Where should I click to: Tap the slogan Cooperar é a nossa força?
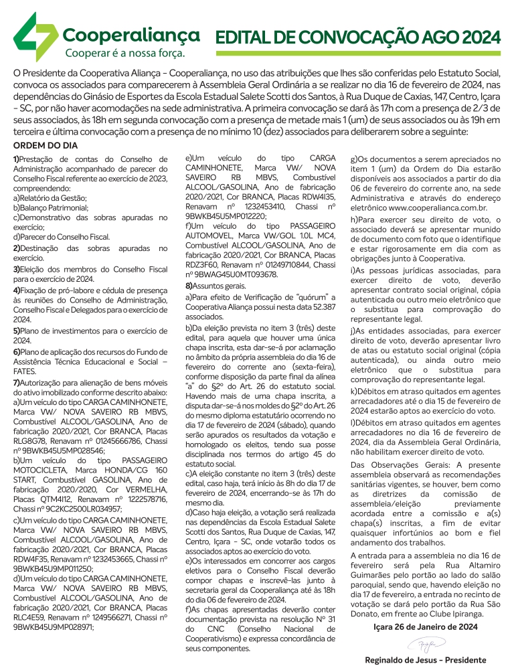pos(124,52)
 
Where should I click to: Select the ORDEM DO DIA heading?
pos(46,145)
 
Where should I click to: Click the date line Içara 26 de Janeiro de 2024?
pos(424,626)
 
